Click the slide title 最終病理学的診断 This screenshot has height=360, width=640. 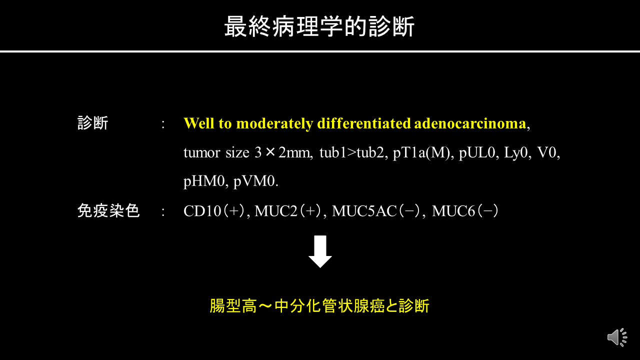click(319, 26)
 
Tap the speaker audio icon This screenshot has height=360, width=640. click(617, 337)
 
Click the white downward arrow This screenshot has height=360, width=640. click(320, 251)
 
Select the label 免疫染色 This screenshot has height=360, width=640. click(108, 211)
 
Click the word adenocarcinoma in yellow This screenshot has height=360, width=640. click(470, 123)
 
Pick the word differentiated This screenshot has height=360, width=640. click(364, 123)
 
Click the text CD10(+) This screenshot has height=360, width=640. click(214, 211)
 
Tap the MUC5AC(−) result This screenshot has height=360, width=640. click(377, 211)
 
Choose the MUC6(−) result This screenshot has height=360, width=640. click(465, 211)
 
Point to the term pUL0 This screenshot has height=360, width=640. click(477, 152)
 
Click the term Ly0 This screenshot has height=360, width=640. click(515, 152)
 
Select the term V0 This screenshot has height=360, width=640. click(546, 152)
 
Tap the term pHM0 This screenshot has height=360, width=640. click(204, 181)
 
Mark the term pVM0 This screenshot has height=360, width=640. click(254, 181)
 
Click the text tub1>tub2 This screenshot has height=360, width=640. click(351, 152)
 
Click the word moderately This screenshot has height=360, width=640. click(274, 123)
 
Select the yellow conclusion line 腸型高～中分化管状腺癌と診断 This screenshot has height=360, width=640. click(319, 306)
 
